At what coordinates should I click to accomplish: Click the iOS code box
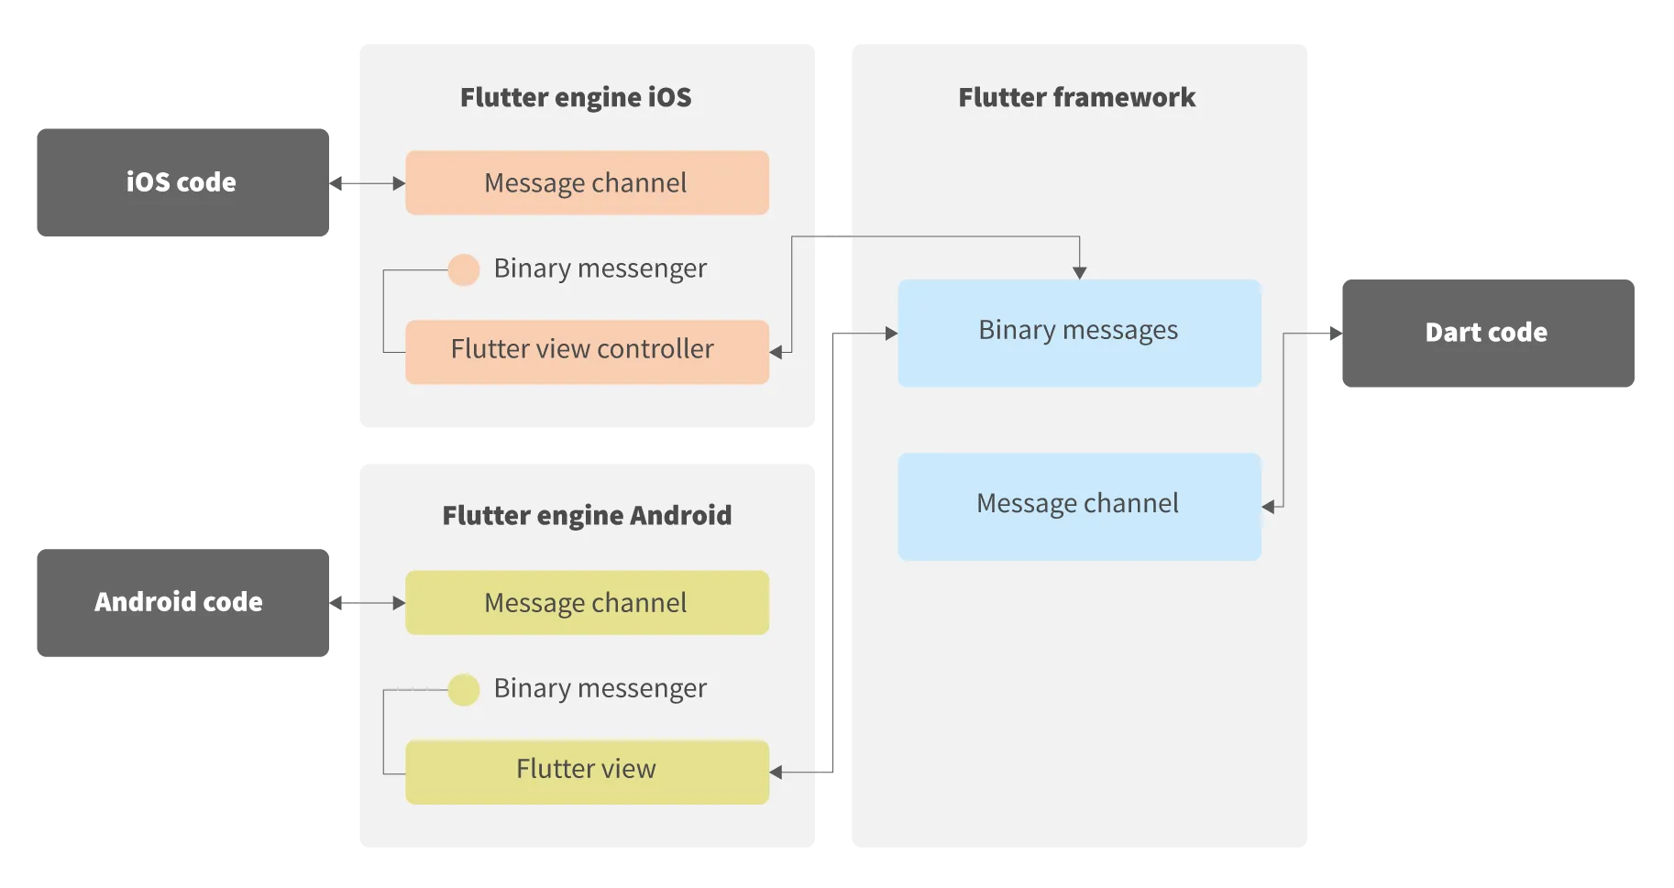click(182, 183)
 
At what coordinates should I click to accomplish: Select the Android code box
click(182, 601)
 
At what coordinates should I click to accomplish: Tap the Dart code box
click(1487, 333)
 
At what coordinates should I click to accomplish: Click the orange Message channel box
click(587, 183)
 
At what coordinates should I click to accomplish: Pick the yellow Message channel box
click(587, 603)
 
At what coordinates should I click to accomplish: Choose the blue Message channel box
click(1079, 506)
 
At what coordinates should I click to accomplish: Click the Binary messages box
click(1079, 333)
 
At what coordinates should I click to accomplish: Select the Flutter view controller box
click(587, 351)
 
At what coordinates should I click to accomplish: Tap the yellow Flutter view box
click(587, 772)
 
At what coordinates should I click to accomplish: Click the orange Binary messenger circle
click(464, 269)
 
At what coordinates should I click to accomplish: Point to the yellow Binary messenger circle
click(464, 689)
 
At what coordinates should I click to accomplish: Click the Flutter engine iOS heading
click(576, 97)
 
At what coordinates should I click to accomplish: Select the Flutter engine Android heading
click(587, 515)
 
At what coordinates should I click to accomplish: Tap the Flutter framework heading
click(1076, 97)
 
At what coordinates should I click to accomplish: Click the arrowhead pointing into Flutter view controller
click(776, 352)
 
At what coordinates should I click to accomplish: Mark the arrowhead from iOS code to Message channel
click(399, 183)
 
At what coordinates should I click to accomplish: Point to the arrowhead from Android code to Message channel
click(399, 603)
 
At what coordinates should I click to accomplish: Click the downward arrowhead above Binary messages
click(1079, 272)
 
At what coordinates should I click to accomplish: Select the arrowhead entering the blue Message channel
click(1268, 506)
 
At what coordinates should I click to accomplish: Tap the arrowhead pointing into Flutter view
click(776, 773)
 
